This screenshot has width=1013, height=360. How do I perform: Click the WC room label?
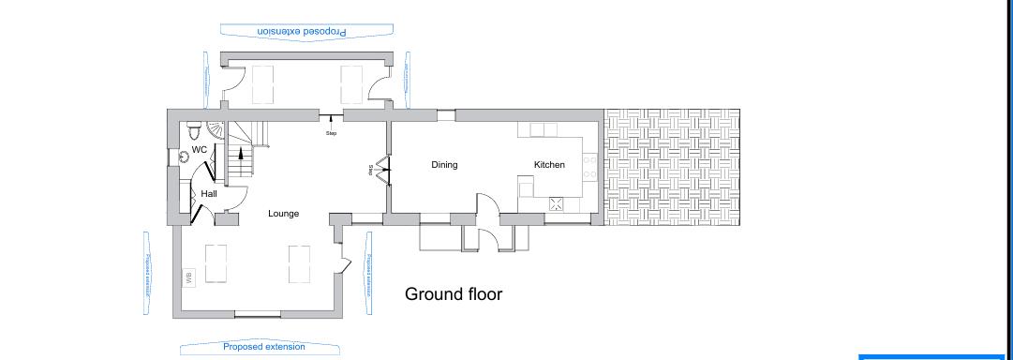pyautogui.click(x=199, y=150)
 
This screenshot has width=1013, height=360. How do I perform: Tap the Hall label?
pyautogui.click(x=208, y=194)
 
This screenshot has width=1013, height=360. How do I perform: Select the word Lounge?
pyautogui.click(x=283, y=214)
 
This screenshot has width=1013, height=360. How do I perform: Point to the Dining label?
pyautogui.click(x=444, y=165)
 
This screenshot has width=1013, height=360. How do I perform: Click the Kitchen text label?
pyautogui.click(x=549, y=165)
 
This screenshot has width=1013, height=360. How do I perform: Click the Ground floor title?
pyautogui.click(x=454, y=294)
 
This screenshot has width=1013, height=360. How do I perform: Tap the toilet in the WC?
pyautogui.click(x=192, y=127)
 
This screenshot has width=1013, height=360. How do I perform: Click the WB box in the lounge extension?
pyautogui.click(x=188, y=277)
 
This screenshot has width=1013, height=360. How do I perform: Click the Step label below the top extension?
pyautogui.click(x=331, y=132)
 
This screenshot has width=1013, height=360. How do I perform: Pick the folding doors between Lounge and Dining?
pyautogui.click(x=381, y=170)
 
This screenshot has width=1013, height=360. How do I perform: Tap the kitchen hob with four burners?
pyautogui.click(x=590, y=167)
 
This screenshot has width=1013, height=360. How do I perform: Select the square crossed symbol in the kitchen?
pyautogui.click(x=556, y=203)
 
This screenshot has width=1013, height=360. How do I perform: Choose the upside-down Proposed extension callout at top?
pyautogui.click(x=296, y=31)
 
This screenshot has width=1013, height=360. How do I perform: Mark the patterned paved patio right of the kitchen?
pyautogui.click(x=672, y=167)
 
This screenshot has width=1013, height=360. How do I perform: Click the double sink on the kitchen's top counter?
pyautogui.click(x=544, y=130)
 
